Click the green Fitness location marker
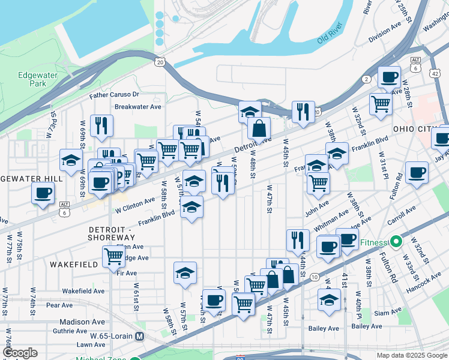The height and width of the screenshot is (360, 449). click(x=396, y=242)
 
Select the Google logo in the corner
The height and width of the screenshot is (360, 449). click(x=20, y=353)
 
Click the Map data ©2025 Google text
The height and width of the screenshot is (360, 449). click(x=411, y=355)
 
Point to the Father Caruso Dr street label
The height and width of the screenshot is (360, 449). click(x=114, y=95)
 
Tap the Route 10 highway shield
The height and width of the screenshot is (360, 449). click(x=315, y=276)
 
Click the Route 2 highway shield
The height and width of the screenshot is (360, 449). click(x=367, y=79)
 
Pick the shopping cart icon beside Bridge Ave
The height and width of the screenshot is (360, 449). click(x=113, y=256)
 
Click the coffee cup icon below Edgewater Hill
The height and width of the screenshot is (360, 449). click(x=42, y=193)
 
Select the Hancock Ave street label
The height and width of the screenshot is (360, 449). click(x=427, y=280)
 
